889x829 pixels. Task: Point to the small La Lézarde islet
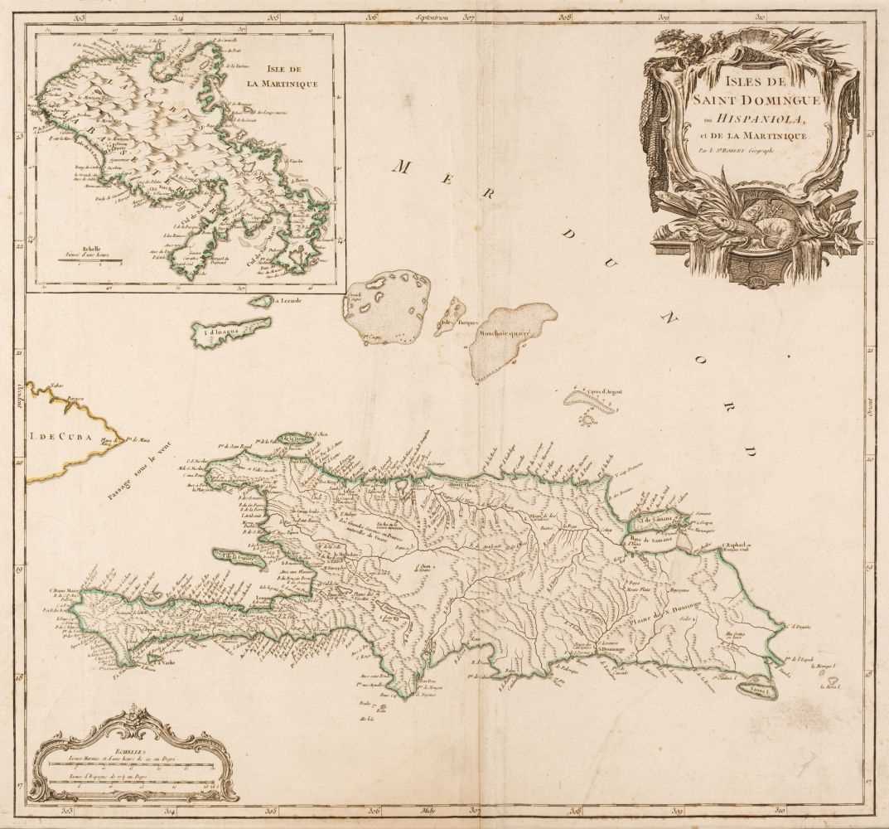(x=262, y=302)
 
